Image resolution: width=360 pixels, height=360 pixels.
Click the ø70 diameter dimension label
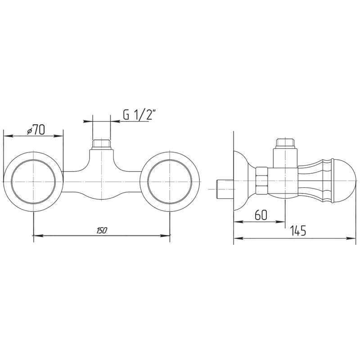[36, 130]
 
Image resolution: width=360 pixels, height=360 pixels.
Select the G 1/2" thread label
[138, 114]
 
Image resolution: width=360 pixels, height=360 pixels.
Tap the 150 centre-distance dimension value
[102, 230]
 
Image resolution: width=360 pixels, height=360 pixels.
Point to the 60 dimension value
[261, 215]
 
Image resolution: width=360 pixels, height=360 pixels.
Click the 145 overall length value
[298, 230]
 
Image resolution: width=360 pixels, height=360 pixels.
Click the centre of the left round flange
[33, 181]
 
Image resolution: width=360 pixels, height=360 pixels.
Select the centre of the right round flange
[170, 181]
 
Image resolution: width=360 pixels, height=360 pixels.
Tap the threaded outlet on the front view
[101, 144]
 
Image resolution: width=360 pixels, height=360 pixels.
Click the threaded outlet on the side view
[285, 143]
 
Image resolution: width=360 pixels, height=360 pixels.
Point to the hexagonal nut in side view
[262, 181]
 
